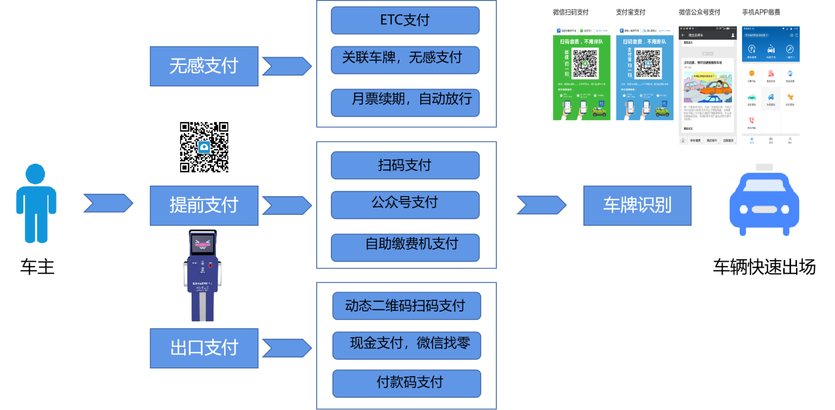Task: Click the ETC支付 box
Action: [405, 20]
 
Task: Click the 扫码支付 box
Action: [405, 165]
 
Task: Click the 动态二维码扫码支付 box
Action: [406, 306]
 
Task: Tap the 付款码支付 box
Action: [406, 383]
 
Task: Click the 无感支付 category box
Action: [204, 66]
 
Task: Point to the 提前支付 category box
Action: [204, 205]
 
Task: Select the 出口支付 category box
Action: [204, 348]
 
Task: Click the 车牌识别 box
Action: [637, 205]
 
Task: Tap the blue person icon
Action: [36, 203]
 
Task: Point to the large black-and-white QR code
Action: [204, 147]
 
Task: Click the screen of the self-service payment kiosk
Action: [202, 243]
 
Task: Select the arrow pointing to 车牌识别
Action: [541, 205]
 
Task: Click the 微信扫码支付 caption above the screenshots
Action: [571, 12]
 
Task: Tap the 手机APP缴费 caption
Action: [761, 12]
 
